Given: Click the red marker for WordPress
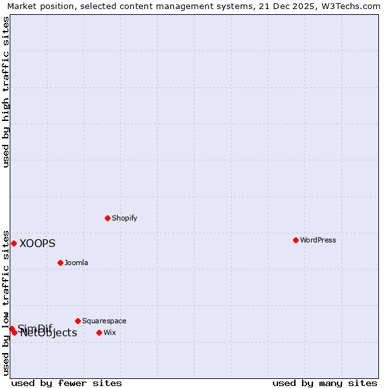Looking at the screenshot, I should pyautogui.click(x=296, y=240).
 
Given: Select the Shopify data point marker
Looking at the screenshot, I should pyautogui.click(x=107, y=218).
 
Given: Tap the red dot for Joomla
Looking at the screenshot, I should pyautogui.click(x=60, y=263).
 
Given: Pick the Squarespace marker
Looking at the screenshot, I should pyautogui.click(x=78, y=321).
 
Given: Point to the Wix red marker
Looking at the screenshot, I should pyautogui.click(x=99, y=332).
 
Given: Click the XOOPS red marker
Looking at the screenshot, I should pyautogui.click(x=14, y=243).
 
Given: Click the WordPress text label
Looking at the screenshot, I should pyautogui.click(x=318, y=240).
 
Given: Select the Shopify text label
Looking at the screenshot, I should pyautogui.click(x=125, y=218).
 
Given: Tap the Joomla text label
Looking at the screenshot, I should pyautogui.click(x=76, y=263).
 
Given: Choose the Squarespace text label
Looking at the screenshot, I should pyautogui.click(x=104, y=321).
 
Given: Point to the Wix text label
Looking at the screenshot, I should pyautogui.click(x=110, y=332).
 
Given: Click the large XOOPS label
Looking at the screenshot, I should pyautogui.click(x=38, y=244).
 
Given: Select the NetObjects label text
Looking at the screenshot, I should pyautogui.click(x=48, y=333).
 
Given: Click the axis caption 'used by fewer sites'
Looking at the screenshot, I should pyautogui.click(x=67, y=383).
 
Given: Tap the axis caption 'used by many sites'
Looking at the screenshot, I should pyautogui.click(x=325, y=383).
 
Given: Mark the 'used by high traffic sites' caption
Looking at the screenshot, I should pyautogui.click(x=6, y=92).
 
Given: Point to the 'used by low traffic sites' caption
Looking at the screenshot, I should pyautogui.click(x=6, y=302).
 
